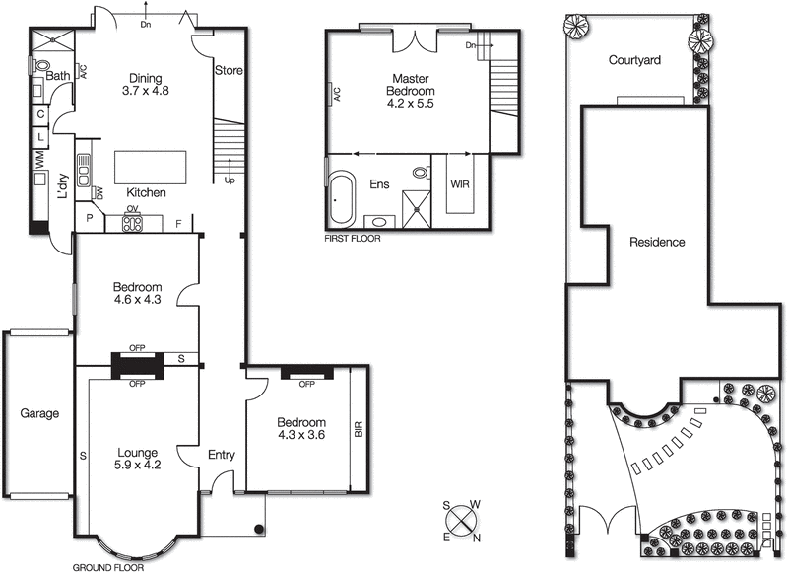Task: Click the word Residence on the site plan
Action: coord(657,242)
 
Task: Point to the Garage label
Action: coord(39,414)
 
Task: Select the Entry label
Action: coord(222,455)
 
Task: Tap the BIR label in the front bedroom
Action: coord(359,430)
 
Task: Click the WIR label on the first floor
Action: coord(460,184)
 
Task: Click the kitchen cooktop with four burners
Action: coord(132,224)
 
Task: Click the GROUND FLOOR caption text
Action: coord(108,568)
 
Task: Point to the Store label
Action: coord(229,71)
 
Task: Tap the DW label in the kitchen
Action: coord(98,192)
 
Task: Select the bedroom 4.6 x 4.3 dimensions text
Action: coord(137,299)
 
